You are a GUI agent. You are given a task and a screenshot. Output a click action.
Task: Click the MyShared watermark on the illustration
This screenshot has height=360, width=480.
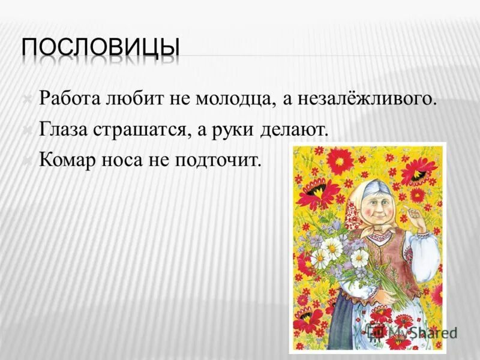(414, 332)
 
